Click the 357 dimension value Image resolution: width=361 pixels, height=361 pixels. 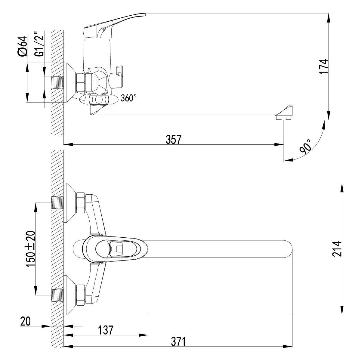[174, 139]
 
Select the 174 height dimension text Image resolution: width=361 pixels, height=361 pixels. [323, 67]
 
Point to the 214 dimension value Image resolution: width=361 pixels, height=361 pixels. [337, 249]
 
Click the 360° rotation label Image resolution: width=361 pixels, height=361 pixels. [128, 98]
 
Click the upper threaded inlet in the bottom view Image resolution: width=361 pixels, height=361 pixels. [57, 202]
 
